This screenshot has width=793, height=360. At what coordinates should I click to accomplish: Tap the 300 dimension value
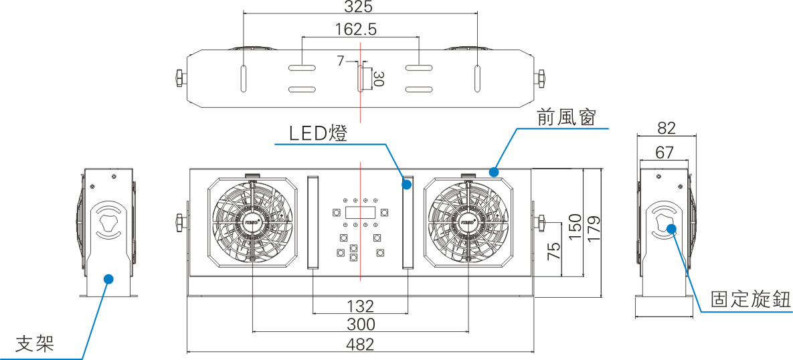tap(361, 325)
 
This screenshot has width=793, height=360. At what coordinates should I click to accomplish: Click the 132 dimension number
tap(360, 306)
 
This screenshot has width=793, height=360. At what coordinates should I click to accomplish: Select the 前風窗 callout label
tap(565, 118)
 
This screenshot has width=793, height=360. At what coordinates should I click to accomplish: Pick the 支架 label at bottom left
tap(34, 344)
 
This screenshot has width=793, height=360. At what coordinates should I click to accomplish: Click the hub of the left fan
tap(252, 219)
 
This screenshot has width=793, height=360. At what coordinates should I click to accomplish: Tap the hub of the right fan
tap(468, 219)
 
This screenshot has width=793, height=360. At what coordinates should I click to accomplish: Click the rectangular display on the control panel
tap(360, 213)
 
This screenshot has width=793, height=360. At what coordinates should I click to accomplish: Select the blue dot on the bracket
tap(108, 278)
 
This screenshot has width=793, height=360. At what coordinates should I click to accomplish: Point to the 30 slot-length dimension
tap(378, 79)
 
